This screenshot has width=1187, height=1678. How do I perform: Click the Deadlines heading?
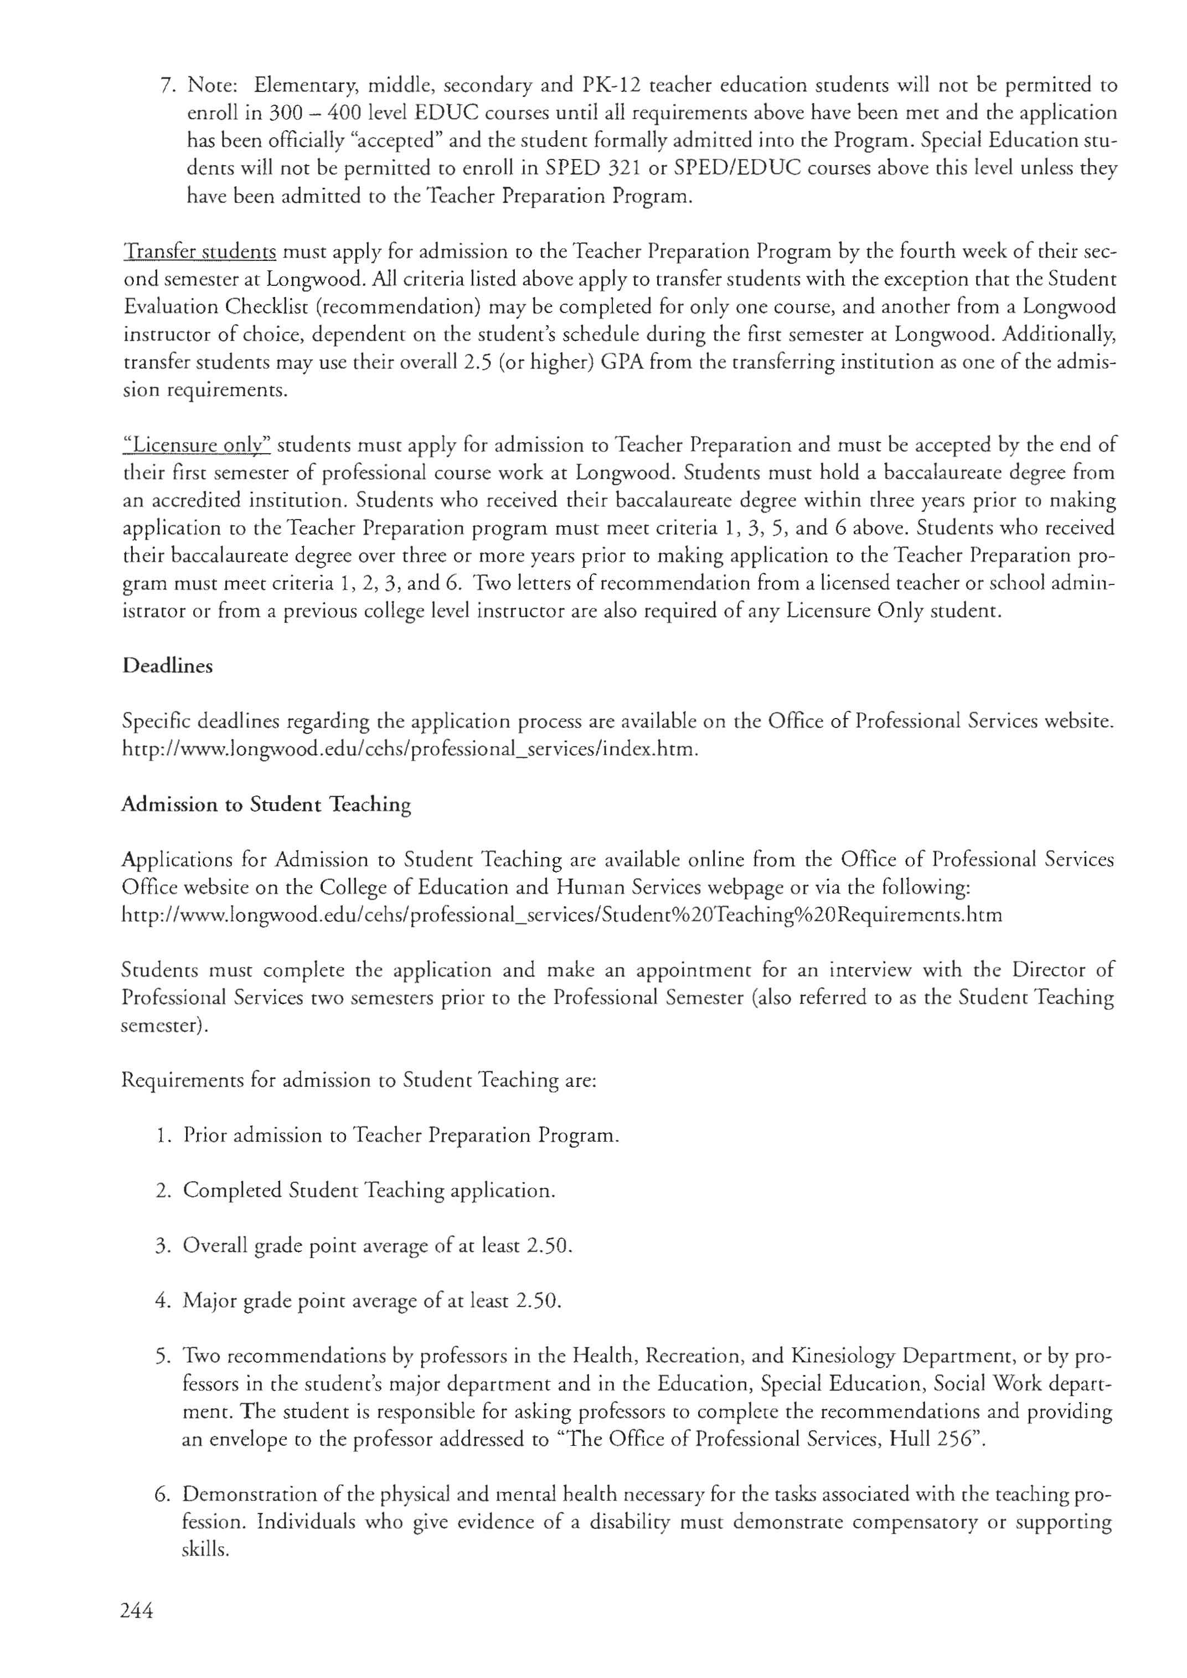[167, 666]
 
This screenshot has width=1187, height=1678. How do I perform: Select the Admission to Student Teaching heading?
[266, 804]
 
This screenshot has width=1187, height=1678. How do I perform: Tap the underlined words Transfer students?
[199, 252]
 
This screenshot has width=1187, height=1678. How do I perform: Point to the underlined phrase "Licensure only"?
[197, 445]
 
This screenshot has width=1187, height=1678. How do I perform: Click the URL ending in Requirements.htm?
[561, 915]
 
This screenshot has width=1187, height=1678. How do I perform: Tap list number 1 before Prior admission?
[162, 1136]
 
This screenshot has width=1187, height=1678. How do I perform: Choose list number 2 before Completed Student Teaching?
[162, 1190]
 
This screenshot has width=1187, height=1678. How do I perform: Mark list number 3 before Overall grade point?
[162, 1245]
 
